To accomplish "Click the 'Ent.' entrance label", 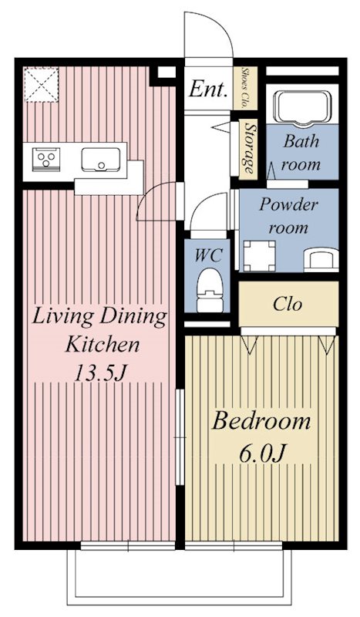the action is pos(208,89).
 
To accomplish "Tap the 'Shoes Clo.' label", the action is pos(244,88).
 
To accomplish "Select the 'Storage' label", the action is pos(248,148).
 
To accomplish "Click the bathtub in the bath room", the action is pos(302,106).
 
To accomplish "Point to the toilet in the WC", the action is pos(210,290).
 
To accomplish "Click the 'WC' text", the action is pos(209,255).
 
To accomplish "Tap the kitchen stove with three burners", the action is pos(46,160).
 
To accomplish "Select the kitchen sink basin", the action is pos(101,160).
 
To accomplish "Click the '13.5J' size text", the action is pos(100,373).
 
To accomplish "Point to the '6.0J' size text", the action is pos(261,453).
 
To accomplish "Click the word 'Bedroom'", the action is pos(261,421).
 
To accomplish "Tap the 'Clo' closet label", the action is pos(288,304).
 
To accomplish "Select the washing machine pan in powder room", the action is pos(259,256).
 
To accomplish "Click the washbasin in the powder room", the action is pos(321,259).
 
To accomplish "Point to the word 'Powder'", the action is pos(288,204).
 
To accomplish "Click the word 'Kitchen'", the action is pos(103,345).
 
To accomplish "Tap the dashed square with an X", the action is pos(42,85).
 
